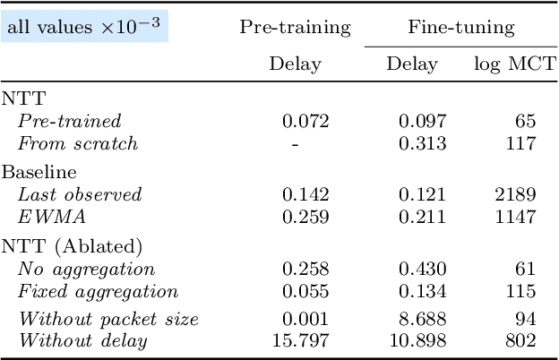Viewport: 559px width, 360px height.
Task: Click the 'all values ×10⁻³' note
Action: (86, 27)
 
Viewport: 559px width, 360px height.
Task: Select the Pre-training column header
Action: (295, 27)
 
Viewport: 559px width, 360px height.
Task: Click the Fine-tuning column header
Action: (461, 27)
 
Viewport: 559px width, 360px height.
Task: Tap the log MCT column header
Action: (514, 64)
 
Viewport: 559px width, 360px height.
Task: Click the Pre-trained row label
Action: (69, 121)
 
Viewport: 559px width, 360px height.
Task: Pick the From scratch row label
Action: (78, 143)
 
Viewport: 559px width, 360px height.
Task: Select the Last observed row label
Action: (80, 194)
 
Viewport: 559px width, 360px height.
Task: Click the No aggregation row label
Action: (86, 269)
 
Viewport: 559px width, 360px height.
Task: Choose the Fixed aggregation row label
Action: (98, 291)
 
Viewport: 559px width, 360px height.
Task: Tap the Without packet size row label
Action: (108, 319)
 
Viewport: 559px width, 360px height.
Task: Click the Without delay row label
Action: (83, 340)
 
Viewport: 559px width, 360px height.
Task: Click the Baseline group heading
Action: (39, 172)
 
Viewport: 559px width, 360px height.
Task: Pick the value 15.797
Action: (300, 340)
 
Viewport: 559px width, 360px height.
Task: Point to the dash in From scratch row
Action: (295, 143)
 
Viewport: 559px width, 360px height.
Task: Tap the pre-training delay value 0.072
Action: (305, 121)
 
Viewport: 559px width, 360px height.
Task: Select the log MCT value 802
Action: (522, 340)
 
